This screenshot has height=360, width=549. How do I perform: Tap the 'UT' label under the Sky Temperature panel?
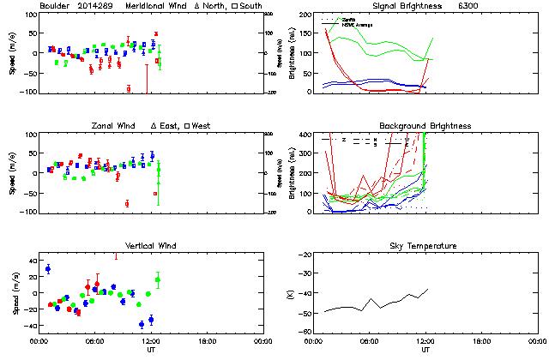click(425, 350)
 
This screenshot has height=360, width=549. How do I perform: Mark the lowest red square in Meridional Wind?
click(129, 88)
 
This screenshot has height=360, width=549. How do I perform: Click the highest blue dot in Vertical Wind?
click(48, 268)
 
